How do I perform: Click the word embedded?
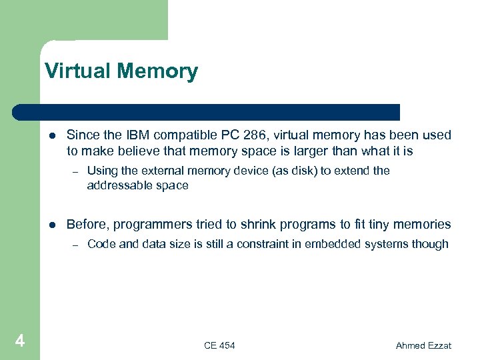pos(333,244)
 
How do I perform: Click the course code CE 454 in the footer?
pos(219,345)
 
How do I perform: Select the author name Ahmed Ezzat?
pos(423,345)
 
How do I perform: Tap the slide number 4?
pos(19,342)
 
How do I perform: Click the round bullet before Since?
pos(52,136)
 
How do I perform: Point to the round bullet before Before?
pos(52,225)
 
